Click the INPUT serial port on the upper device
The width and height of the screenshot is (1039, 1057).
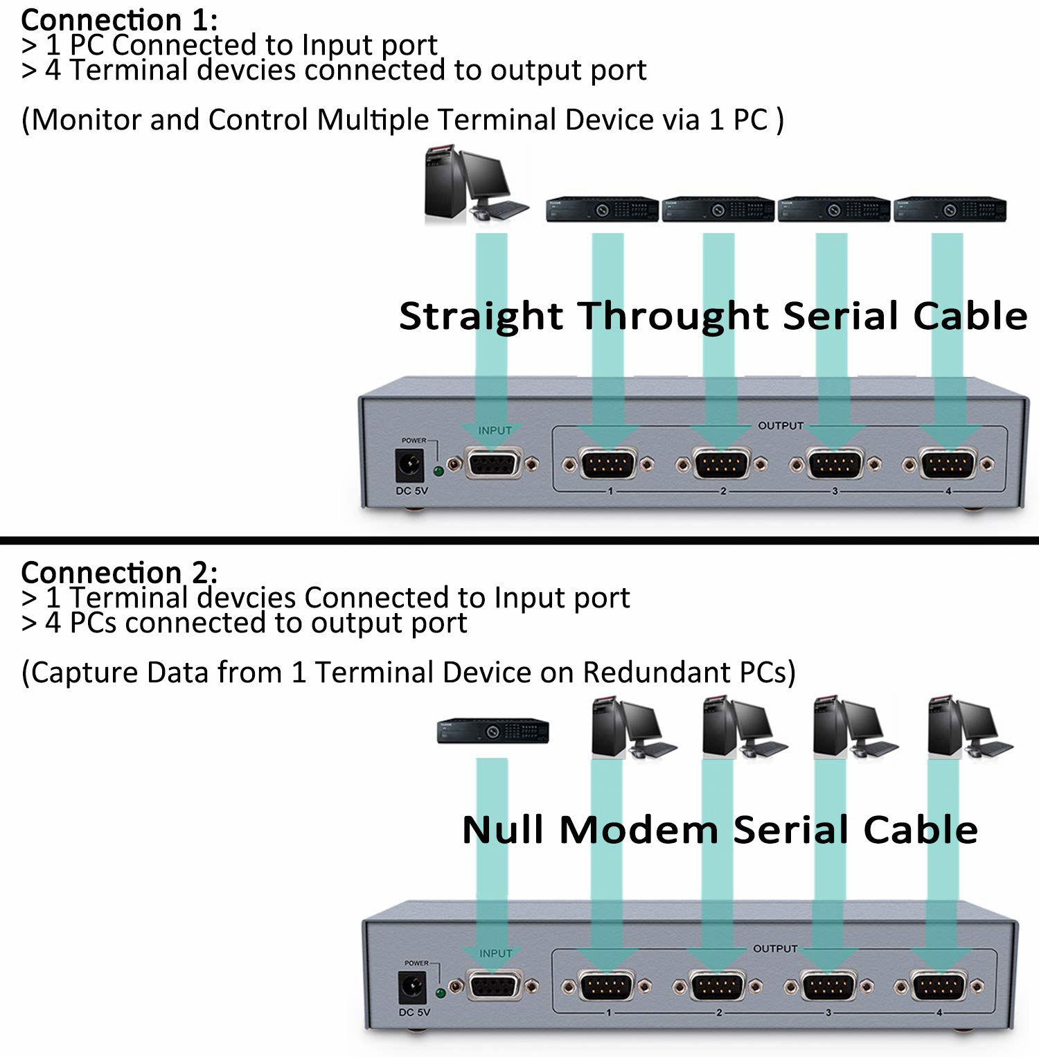click(x=492, y=464)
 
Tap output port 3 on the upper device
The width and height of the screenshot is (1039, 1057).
click(x=835, y=464)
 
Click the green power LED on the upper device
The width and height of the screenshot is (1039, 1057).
click(x=438, y=472)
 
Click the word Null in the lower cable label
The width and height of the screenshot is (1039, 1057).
click(x=502, y=829)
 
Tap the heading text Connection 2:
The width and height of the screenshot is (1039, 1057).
click(x=119, y=572)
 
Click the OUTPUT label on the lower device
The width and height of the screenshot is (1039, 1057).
click(x=775, y=948)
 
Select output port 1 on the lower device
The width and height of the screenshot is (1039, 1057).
click(x=607, y=986)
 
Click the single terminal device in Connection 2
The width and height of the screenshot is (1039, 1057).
click(x=492, y=731)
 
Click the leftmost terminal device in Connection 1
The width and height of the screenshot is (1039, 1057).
click(x=602, y=209)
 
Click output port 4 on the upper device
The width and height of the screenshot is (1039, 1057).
click(x=948, y=464)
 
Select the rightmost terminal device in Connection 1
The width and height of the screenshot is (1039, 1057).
click(x=950, y=209)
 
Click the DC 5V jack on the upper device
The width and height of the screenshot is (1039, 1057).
click(x=409, y=465)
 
